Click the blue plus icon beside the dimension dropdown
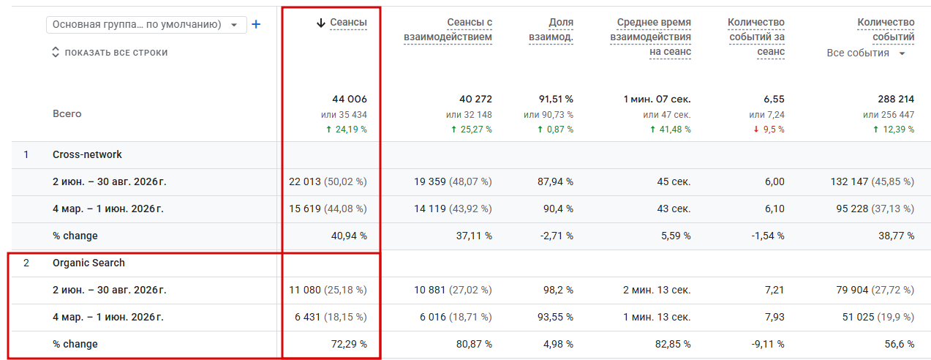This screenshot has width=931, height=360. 256,25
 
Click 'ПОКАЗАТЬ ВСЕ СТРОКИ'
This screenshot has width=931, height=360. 110,53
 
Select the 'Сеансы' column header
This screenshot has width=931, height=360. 348,22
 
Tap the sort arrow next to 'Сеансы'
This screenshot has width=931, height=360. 321,23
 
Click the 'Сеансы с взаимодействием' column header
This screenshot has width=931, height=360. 448,29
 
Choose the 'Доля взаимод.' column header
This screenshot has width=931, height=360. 551,29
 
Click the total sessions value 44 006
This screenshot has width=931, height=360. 350,100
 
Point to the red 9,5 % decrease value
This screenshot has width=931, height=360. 769,130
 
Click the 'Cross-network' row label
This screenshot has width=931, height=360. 87,154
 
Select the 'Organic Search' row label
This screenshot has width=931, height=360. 88,263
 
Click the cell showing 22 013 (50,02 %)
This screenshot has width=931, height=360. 328,181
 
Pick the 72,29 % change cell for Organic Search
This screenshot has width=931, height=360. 349,344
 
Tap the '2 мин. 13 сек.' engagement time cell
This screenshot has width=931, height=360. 657,290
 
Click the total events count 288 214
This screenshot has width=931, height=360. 896,100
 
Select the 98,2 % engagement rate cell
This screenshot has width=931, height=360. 558,290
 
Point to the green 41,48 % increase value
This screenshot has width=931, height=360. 671,130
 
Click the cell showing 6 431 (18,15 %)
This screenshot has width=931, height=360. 331,317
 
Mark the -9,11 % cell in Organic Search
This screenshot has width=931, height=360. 768,344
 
